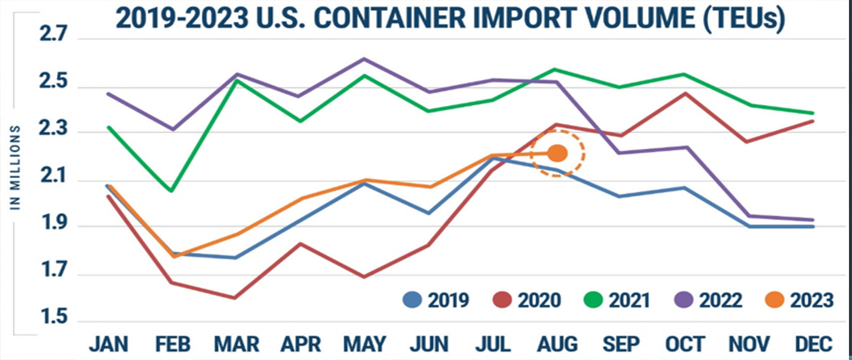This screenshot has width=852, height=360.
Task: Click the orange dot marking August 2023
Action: tap(557, 154)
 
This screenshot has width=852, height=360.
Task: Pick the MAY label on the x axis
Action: tap(365, 344)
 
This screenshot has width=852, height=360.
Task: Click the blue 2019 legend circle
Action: tap(412, 299)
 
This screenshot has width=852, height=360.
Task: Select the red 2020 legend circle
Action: tap(503, 299)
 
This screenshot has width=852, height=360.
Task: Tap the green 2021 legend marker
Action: tap(594, 299)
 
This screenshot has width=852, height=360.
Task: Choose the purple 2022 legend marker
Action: tap(685, 299)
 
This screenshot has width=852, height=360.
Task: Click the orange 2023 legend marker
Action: tap(776, 299)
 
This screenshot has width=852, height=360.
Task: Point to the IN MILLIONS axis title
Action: tap(16, 167)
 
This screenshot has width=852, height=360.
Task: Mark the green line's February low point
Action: tap(172, 191)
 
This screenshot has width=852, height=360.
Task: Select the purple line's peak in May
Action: tap(365, 59)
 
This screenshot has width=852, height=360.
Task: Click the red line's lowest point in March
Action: tap(236, 298)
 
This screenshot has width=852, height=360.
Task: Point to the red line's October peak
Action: tap(685, 93)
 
